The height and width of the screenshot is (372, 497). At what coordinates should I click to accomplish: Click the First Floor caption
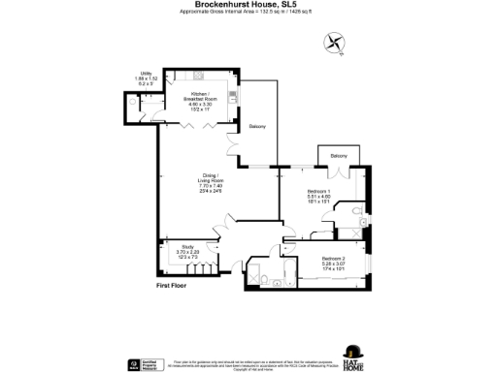172,287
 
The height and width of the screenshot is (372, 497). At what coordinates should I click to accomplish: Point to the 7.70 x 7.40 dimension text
211,185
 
